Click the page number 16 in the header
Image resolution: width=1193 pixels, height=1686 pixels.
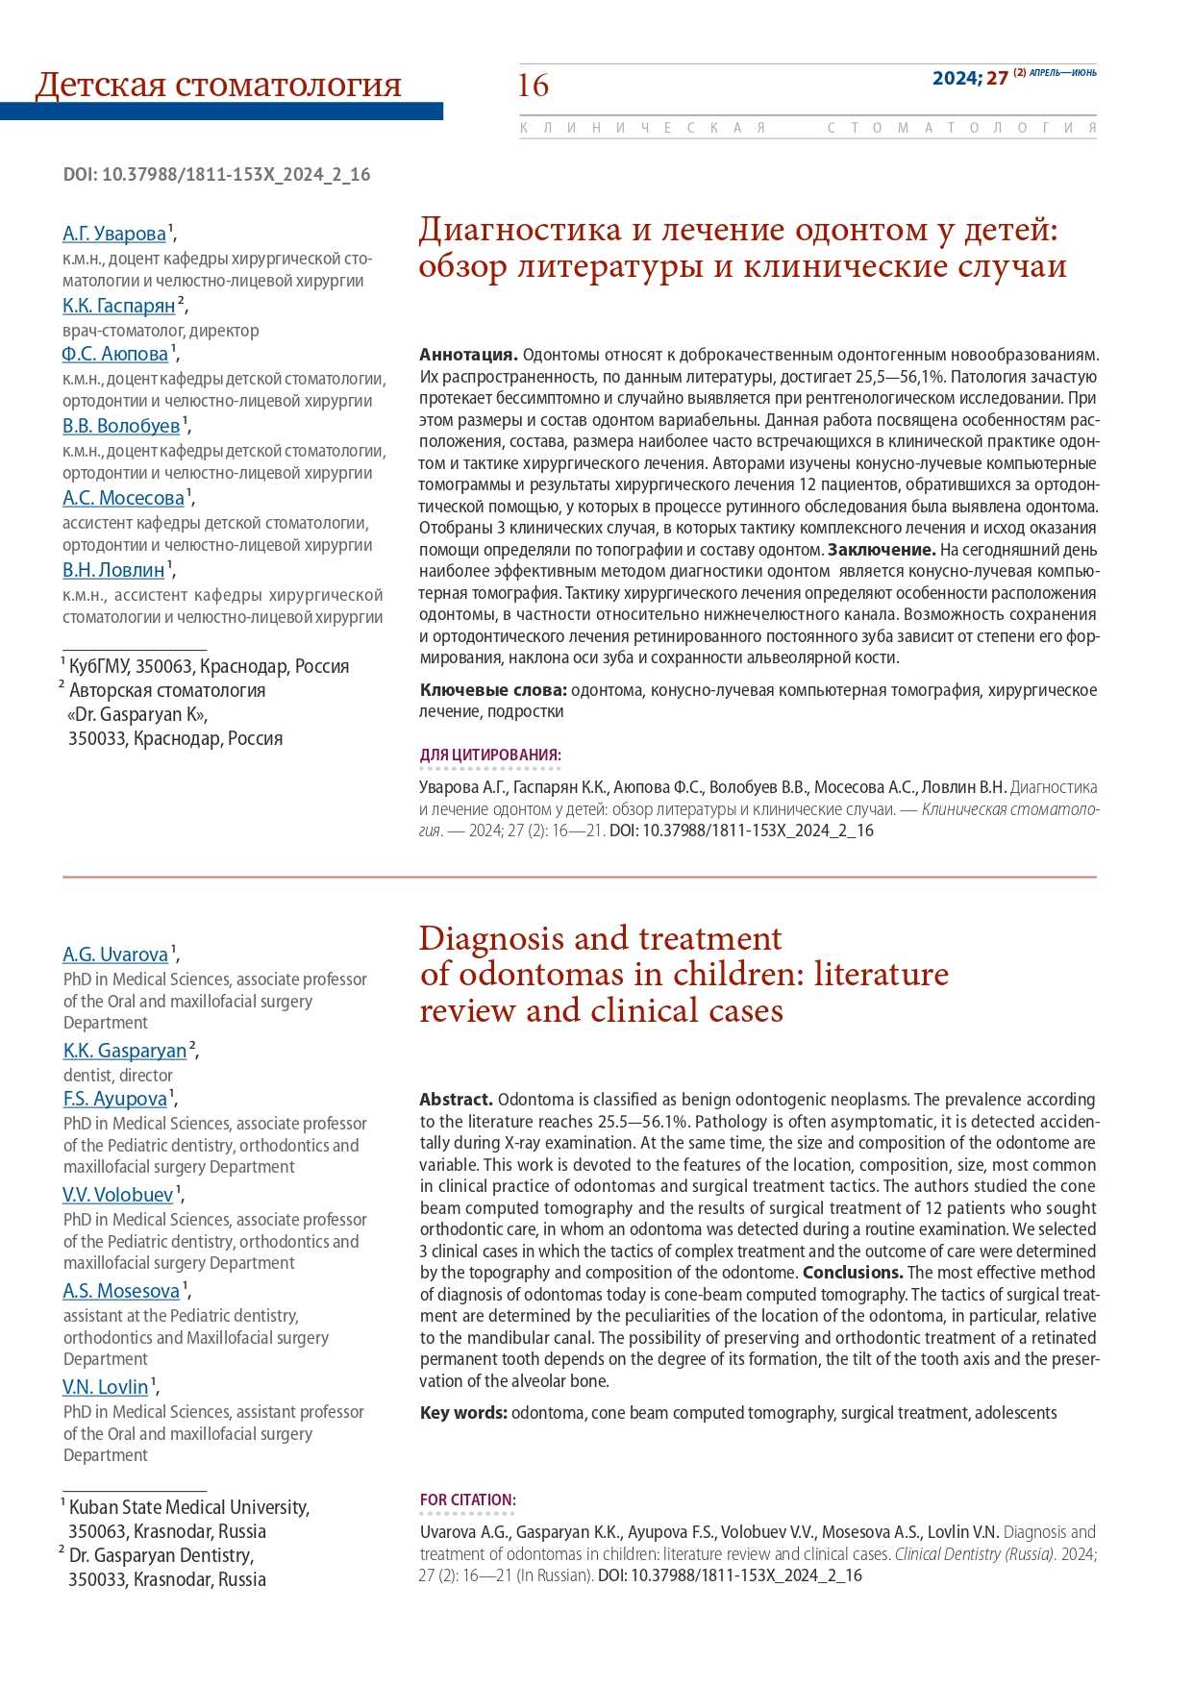click(533, 86)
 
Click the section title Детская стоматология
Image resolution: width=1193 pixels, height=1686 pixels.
click(218, 86)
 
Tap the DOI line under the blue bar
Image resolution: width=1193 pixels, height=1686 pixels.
click(216, 174)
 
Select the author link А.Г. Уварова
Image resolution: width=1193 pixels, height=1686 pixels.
click(114, 234)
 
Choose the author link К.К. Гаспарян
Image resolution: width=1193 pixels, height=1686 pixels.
click(119, 306)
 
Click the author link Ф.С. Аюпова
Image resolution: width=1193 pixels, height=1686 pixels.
click(115, 354)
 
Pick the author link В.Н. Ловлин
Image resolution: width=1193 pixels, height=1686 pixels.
click(113, 570)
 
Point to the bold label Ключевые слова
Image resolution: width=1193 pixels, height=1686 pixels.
click(493, 689)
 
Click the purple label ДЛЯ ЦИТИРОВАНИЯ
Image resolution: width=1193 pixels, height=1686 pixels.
click(490, 755)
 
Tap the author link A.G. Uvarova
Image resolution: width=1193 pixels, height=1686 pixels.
click(115, 955)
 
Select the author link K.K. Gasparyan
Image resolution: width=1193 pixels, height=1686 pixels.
click(125, 1051)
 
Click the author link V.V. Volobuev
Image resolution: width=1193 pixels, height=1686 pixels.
click(118, 1195)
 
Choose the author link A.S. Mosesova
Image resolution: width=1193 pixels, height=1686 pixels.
click(121, 1291)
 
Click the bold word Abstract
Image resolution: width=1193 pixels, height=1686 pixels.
click(456, 1099)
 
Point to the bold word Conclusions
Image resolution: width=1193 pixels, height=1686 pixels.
click(853, 1272)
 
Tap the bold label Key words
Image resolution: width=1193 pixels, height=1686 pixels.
click(463, 1412)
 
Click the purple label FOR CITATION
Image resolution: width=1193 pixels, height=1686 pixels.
click(467, 1500)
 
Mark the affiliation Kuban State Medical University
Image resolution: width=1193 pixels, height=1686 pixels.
click(188, 1507)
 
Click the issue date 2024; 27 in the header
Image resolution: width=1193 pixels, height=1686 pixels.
click(970, 78)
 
